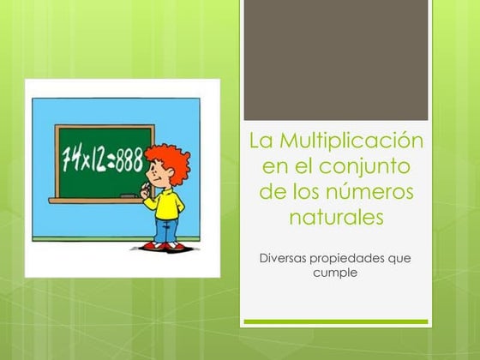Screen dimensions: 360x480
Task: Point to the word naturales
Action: point(335,218)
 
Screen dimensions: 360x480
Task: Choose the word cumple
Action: point(335,273)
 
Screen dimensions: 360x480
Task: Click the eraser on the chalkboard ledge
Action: point(129,196)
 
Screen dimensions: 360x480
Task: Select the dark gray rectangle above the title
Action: point(335,60)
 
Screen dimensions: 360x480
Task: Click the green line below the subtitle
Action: point(335,322)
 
